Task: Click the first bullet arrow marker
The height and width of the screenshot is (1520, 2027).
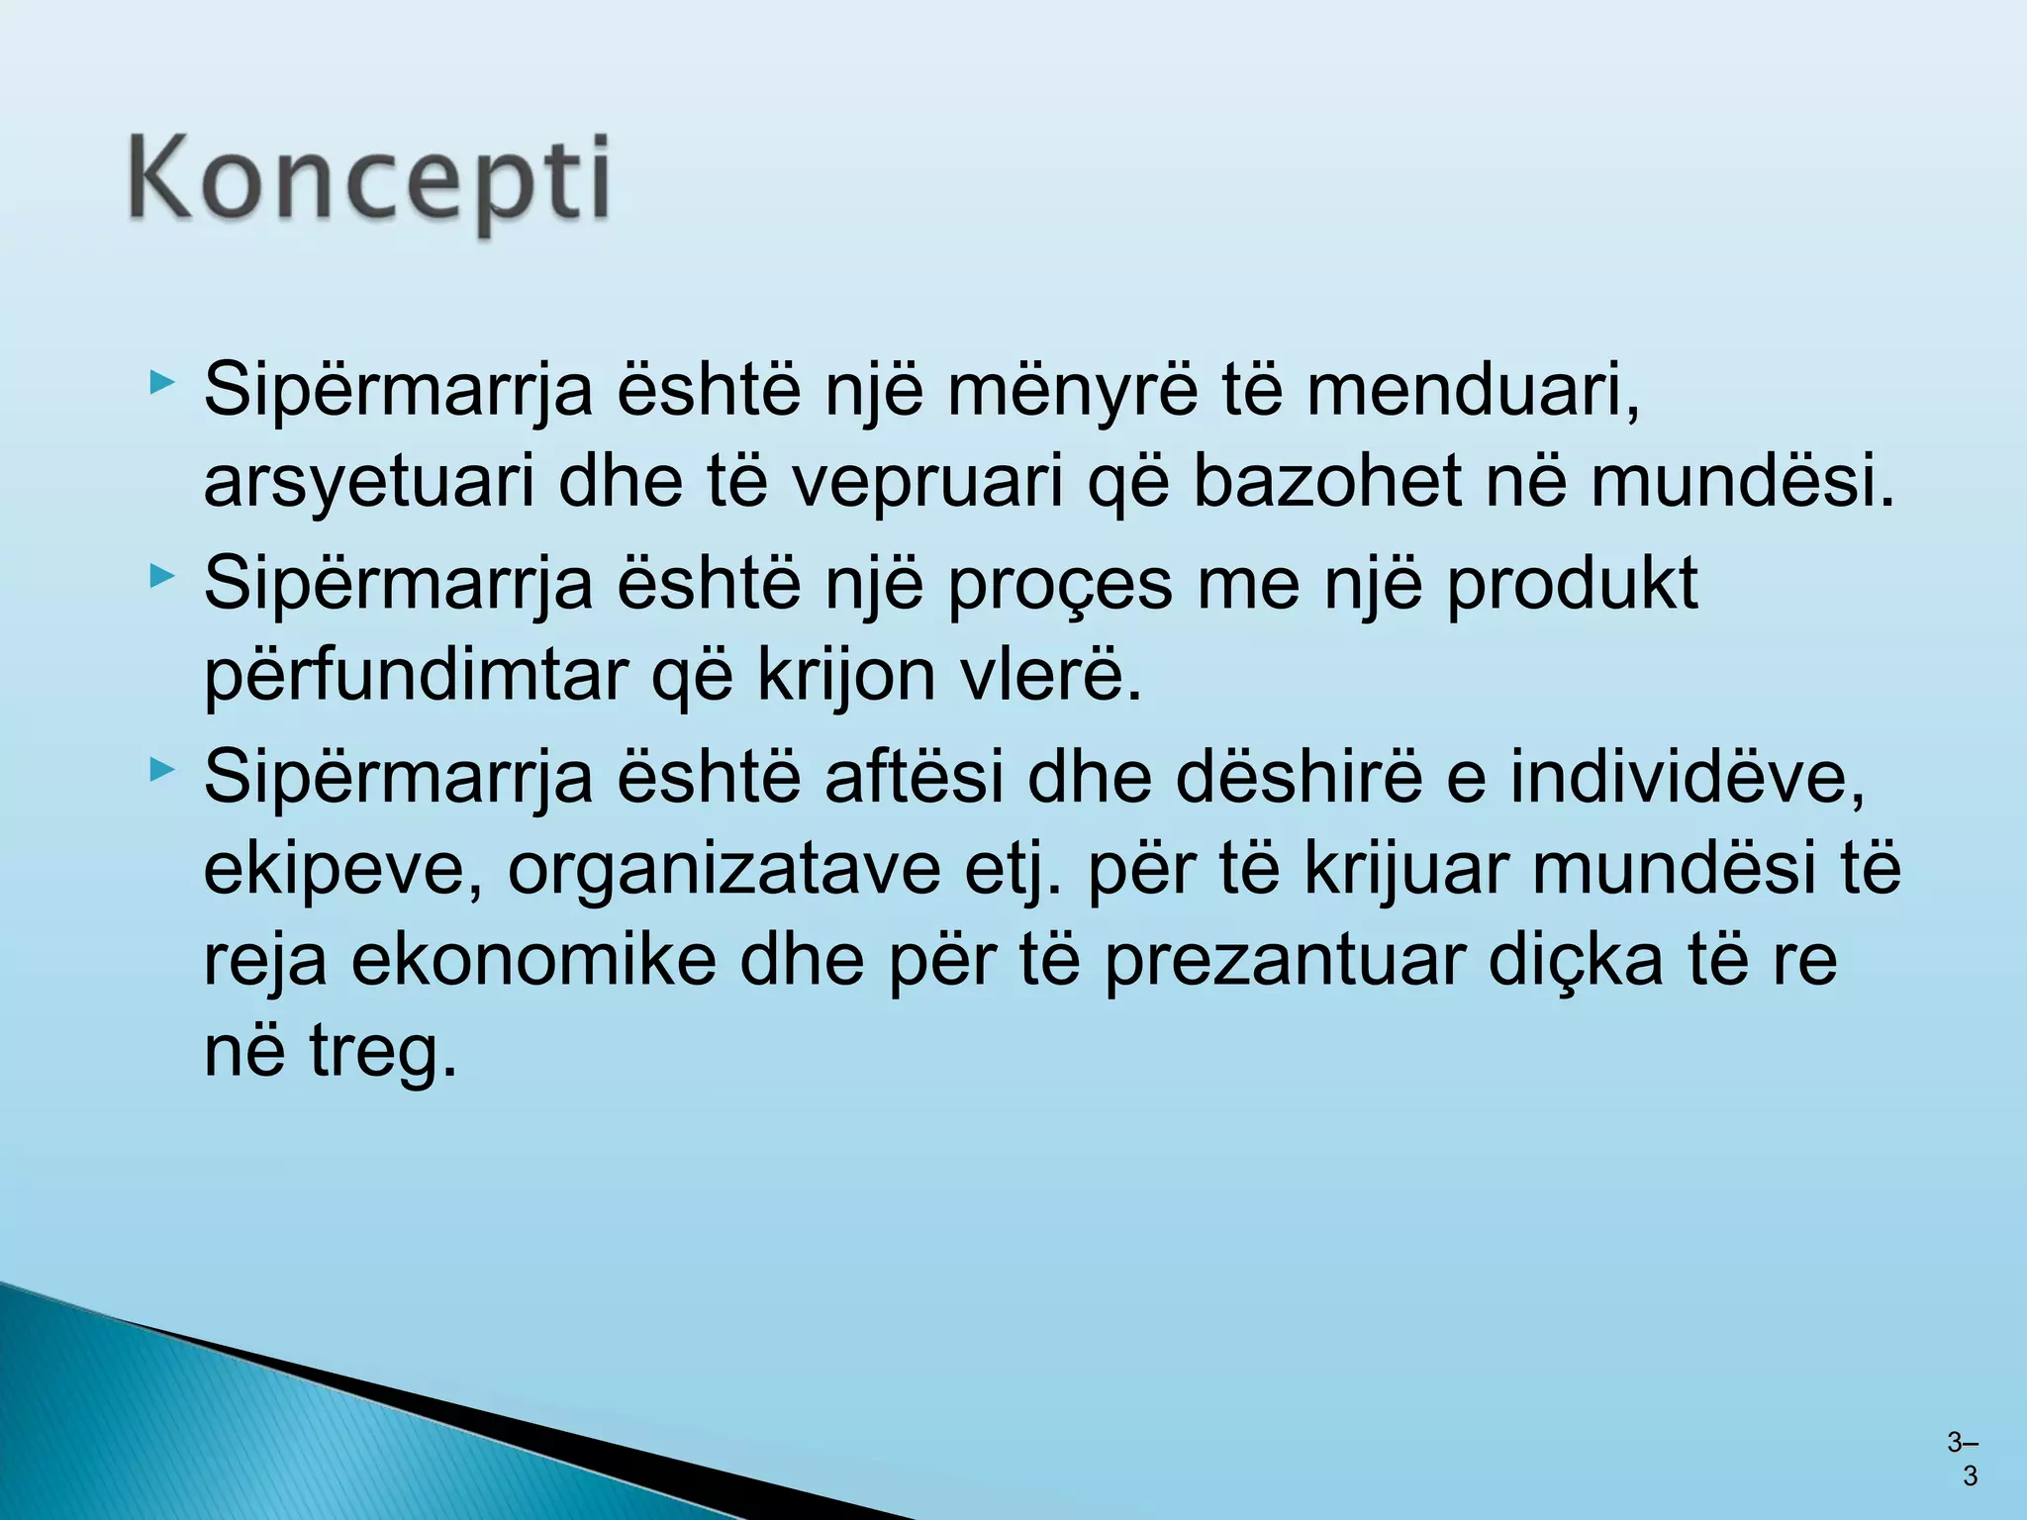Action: coord(162,382)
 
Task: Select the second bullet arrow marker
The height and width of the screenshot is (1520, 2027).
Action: coord(162,575)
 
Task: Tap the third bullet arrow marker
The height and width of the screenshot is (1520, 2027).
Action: coord(162,769)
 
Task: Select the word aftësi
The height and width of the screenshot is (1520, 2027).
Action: coord(914,776)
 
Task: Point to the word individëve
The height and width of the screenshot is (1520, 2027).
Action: coord(1687,778)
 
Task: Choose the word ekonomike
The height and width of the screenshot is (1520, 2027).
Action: coord(533,960)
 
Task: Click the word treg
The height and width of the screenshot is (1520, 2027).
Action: coord(384,1053)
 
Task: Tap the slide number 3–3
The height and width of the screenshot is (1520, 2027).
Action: coord(1964,1459)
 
